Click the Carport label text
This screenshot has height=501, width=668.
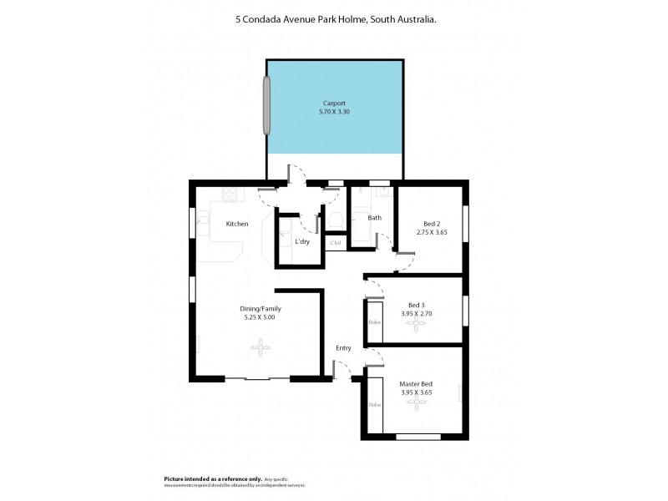pyautogui.click(x=335, y=103)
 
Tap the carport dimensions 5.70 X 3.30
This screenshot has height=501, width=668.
pyautogui.click(x=335, y=111)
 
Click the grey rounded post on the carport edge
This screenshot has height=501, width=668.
pyautogui.click(x=268, y=105)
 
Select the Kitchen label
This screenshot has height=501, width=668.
pyautogui.click(x=237, y=224)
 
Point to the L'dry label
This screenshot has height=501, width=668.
pyautogui.click(x=302, y=242)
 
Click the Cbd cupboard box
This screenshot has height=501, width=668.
pyautogui.click(x=336, y=243)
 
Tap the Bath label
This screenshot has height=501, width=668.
pyautogui.click(x=374, y=219)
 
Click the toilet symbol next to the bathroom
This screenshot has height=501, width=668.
pyautogui.click(x=335, y=220)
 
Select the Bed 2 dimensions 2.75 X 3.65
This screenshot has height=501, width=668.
pyautogui.click(x=432, y=232)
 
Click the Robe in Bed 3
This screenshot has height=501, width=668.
pyautogui.click(x=375, y=321)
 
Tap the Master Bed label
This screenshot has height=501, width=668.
pyautogui.click(x=415, y=383)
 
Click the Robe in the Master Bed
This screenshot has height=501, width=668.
pyautogui.click(x=375, y=404)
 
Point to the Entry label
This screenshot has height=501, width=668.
pyautogui.click(x=343, y=347)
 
